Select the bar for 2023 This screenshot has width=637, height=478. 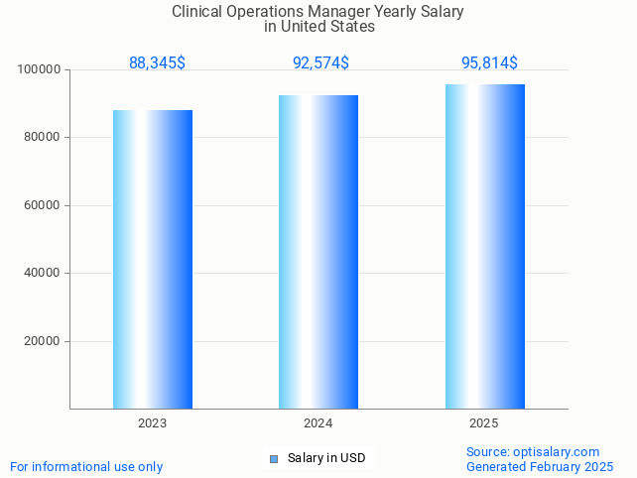(153, 259)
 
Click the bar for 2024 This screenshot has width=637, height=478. (318, 252)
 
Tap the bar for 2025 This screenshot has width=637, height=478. (484, 246)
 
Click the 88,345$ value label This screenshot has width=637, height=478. (157, 63)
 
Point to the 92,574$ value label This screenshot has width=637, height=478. (320, 63)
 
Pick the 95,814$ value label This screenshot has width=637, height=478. (489, 63)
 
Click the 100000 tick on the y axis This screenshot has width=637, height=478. (40, 70)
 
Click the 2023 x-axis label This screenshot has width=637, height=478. (153, 423)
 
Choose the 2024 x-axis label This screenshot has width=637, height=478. (318, 423)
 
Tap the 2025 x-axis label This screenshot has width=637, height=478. (484, 423)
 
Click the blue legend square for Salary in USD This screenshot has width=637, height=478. (274, 458)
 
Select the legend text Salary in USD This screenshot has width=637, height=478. (326, 458)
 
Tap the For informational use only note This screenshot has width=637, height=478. (86, 467)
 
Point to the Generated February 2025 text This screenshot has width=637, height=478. (540, 467)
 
